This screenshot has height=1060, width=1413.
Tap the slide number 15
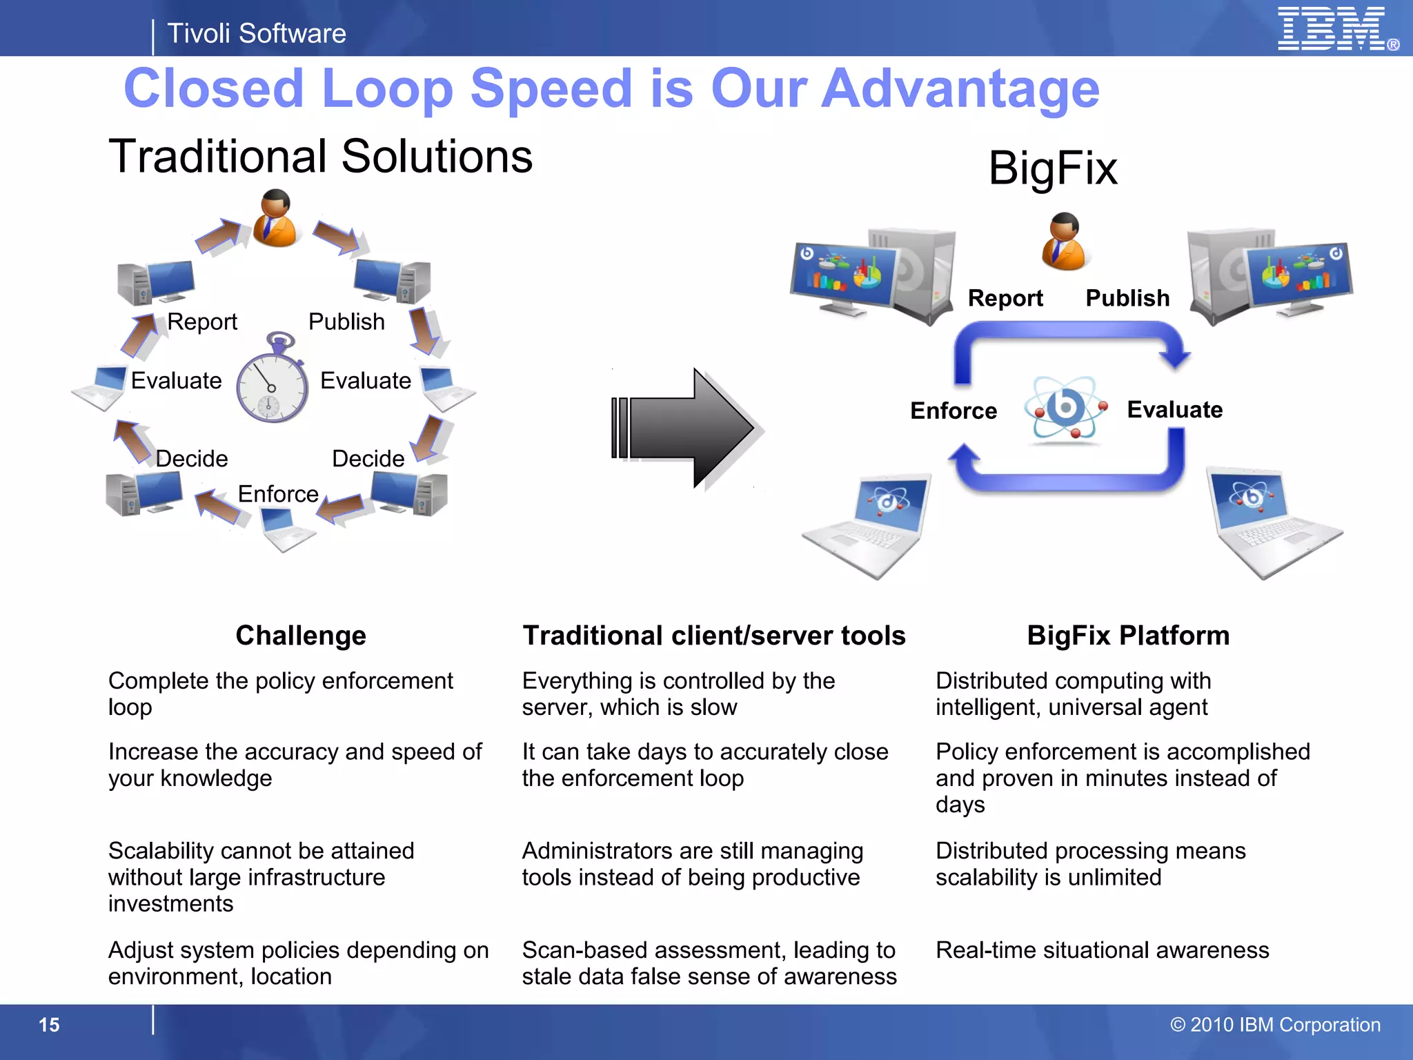(49, 1025)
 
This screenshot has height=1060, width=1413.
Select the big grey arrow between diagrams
(687, 429)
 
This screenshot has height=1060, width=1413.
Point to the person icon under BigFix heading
(1064, 241)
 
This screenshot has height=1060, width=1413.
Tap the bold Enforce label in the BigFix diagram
(953, 411)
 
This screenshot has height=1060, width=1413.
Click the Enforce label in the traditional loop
(278, 494)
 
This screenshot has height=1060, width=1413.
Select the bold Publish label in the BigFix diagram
(1127, 298)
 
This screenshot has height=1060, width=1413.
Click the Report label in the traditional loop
(202, 322)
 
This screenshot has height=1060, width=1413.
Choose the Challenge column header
(301, 636)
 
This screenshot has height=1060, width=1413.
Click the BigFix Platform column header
(1128, 636)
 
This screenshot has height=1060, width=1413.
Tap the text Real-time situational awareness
(1102, 950)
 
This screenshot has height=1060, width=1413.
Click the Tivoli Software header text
(257, 33)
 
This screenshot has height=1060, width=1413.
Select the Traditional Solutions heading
(321, 156)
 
